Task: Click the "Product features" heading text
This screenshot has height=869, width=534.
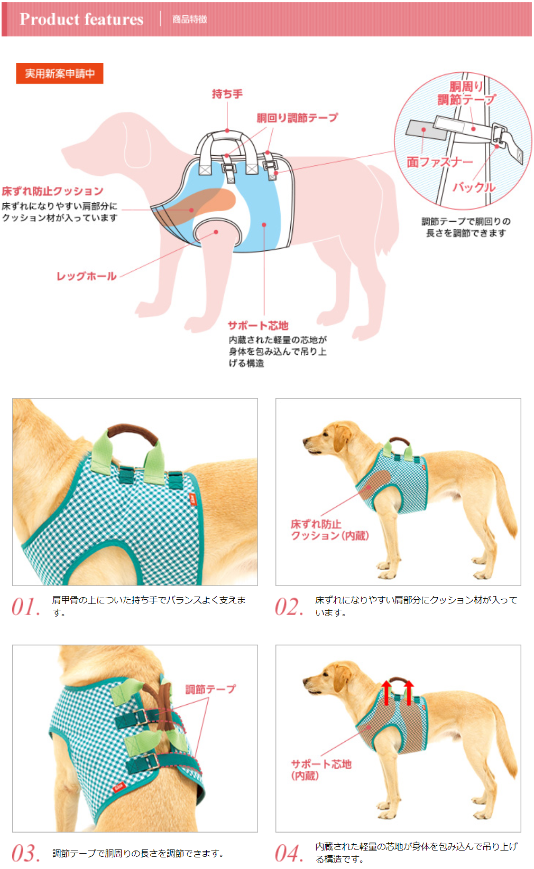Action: click(81, 19)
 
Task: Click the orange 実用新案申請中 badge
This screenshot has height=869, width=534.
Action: click(59, 73)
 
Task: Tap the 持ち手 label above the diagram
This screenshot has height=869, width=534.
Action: click(227, 94)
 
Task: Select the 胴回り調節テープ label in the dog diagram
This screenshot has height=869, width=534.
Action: click(297, 118)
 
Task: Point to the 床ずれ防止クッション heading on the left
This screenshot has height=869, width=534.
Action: click(52, 191)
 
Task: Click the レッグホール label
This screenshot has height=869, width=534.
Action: click(87, 276)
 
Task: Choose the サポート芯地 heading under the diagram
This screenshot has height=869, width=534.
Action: click(258, 325)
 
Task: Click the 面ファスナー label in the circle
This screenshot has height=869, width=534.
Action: click(439, 162)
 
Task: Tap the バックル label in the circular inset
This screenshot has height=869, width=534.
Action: click(474, 187)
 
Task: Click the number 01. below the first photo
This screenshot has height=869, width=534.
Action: click(26, 607)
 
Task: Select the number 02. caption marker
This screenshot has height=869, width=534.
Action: click(289, 607)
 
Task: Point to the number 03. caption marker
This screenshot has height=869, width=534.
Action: click(26, 853)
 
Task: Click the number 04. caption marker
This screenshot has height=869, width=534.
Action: click(289, 853)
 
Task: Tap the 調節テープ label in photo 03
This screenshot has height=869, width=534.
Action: click(210, 689)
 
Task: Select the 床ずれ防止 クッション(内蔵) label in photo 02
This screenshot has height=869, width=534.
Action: click(329, 530)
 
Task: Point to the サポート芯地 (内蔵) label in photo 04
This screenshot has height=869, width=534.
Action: click(321, 770)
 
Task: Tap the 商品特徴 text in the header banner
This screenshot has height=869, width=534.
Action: click(190, 20)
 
